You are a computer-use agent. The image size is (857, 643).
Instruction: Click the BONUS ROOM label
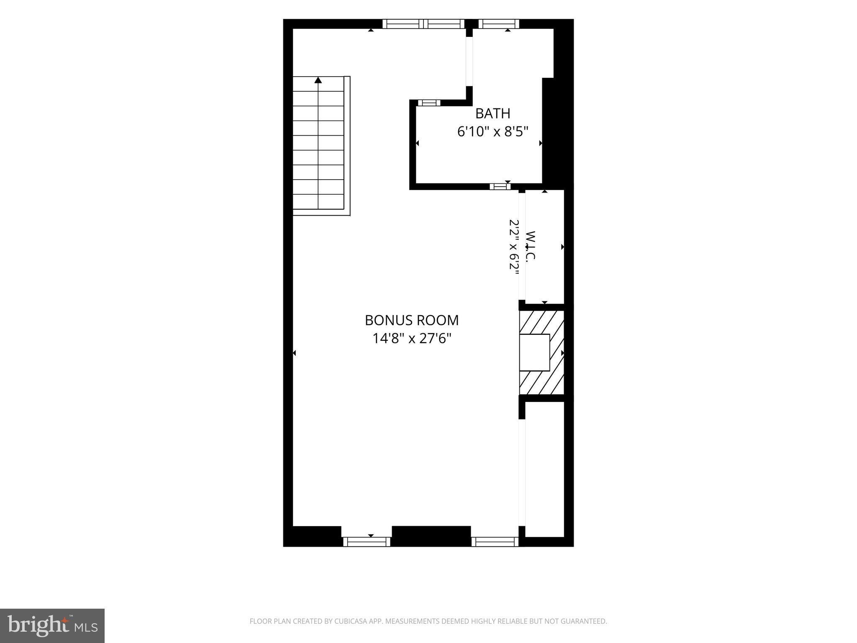pos(412,320)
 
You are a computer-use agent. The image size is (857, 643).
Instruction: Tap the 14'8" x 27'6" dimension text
pos(412,338)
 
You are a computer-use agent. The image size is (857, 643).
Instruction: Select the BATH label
pos(493,113)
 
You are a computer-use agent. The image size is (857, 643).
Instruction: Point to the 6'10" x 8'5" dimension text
pos(493,132)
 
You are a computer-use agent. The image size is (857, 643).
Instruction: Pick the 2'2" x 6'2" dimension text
pos(514,246)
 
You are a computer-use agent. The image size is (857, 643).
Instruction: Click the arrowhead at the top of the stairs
pos(318,80)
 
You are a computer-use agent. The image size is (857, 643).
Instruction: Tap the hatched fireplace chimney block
pos(542,352)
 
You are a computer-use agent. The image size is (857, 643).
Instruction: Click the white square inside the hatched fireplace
pos(534,352)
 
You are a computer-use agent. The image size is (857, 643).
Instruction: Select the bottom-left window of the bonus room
pos(367,542)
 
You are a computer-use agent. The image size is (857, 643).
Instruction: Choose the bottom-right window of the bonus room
pos(495,542)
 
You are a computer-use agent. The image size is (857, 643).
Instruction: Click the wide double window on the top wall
pos(423,24)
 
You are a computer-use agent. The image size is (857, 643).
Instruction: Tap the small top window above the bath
pos(499,24)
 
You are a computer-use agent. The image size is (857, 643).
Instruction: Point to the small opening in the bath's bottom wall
pos(500,187)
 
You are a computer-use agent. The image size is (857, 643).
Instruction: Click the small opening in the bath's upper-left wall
pos(429,103)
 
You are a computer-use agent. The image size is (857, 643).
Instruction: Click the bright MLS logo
pos(52,626)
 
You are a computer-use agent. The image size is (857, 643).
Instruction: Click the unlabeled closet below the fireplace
pos(544,469)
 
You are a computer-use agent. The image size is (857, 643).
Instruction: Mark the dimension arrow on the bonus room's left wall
pos(294,353)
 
